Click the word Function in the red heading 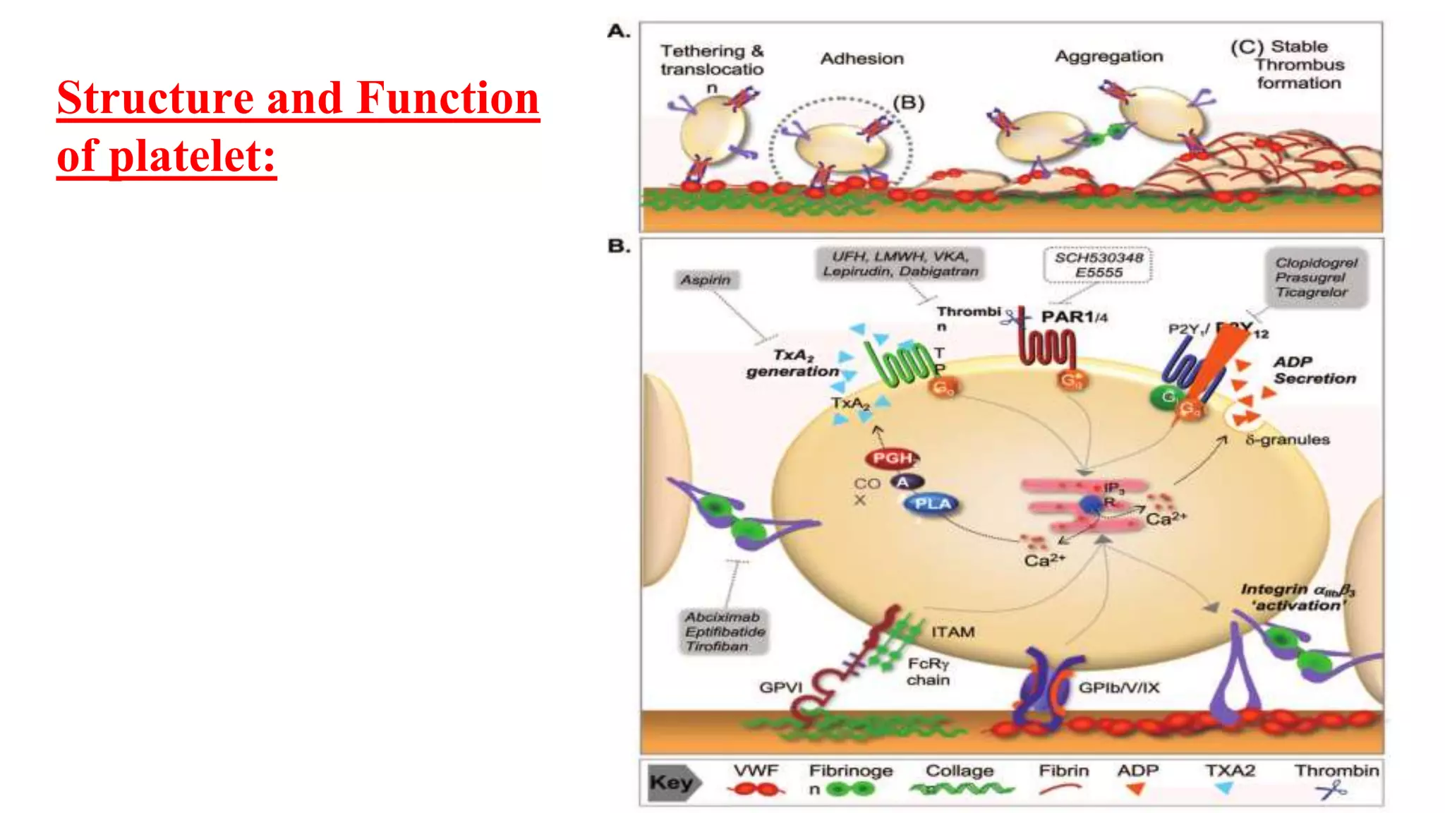coord(448,97)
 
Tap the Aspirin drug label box coord(706,280)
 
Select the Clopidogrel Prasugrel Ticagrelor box coord(1316,277)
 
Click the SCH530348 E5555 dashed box coord(1098,265)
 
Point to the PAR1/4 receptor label coord(1074,317)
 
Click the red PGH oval coord(893,459)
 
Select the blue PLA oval coord(933,504)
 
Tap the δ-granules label coord(1287,440)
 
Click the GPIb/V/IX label coord(1118,687)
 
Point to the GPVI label coord(780,687)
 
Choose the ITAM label coord(953,632)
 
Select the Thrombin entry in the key coord(1336,771)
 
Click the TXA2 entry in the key coord(1230,771)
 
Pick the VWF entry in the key coord(756,771)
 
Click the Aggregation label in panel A coord(1108,56)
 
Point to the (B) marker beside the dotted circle coord(908,103)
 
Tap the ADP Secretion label coord(1314,371)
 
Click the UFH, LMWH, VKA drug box coord(900,264)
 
